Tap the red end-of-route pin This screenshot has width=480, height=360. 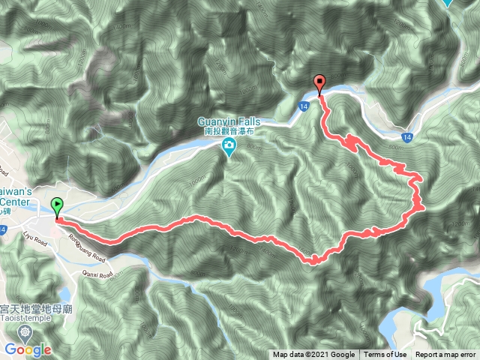[320, 85]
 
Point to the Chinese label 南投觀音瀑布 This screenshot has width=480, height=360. [229, 130]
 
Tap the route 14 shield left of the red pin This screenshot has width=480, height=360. [302, 107]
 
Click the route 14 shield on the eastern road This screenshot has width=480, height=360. [406, 137]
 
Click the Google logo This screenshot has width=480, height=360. [27, 349]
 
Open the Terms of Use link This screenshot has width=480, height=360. [385, 355]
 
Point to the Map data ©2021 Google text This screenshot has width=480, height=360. [313, 355]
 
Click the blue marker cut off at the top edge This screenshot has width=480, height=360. [448, 3]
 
